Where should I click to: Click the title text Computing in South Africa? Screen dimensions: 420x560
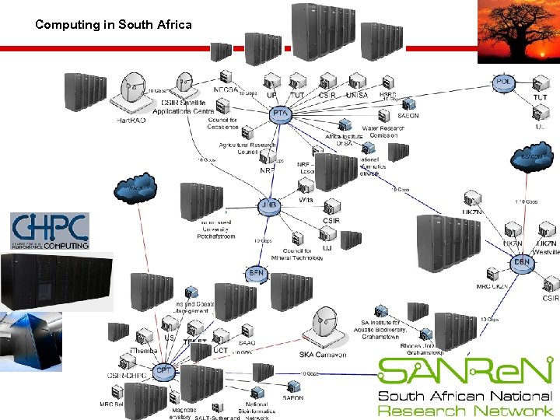(x=113, y=25)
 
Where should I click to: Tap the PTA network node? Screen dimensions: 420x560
(x=280, y=114)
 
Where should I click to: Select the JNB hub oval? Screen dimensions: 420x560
(x=268, y=205)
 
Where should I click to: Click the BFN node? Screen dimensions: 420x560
(x=257, y=273)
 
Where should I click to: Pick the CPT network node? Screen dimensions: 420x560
(x=164, y=371)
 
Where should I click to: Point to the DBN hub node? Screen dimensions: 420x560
(x=522, y=262)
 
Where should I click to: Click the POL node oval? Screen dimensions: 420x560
(x=503, y=82)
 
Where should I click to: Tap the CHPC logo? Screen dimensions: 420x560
(x=50, y=231)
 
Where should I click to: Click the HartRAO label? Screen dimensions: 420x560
(x=132, y=121)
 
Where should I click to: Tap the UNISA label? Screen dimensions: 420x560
(x=356, y=95)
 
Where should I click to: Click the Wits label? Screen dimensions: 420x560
(x=306, y=200)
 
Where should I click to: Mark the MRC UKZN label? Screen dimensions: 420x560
(x=492, y=286)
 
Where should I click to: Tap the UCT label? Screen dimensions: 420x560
(x=221, y=351)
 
